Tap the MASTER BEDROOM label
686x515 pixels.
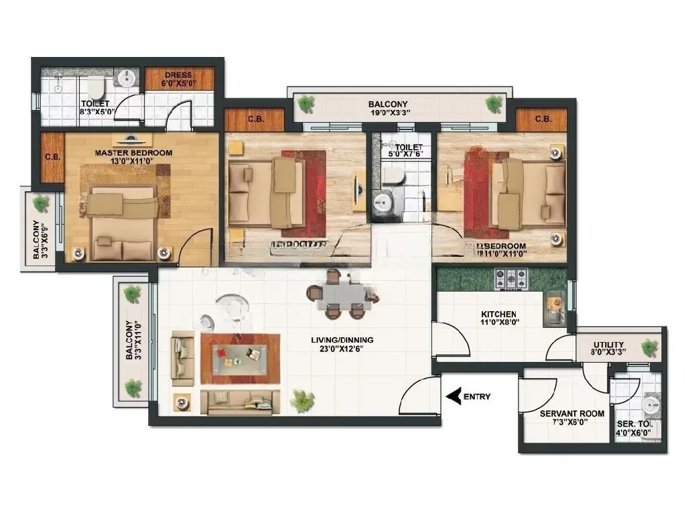pos(133,153)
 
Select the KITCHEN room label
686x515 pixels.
pos(498,314)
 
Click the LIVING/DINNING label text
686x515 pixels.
pos(342,339)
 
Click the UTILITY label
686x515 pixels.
pos(608,345)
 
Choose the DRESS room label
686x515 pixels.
pos(178,75)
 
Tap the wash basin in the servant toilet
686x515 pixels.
pos(649,406)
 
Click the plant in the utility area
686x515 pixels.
pos(649,347)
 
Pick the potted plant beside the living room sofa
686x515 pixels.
pos(302,401)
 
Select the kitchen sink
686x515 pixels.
pos(555,306)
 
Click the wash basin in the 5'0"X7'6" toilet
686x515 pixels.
pos(385,202)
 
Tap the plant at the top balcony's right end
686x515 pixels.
pos(494,103)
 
